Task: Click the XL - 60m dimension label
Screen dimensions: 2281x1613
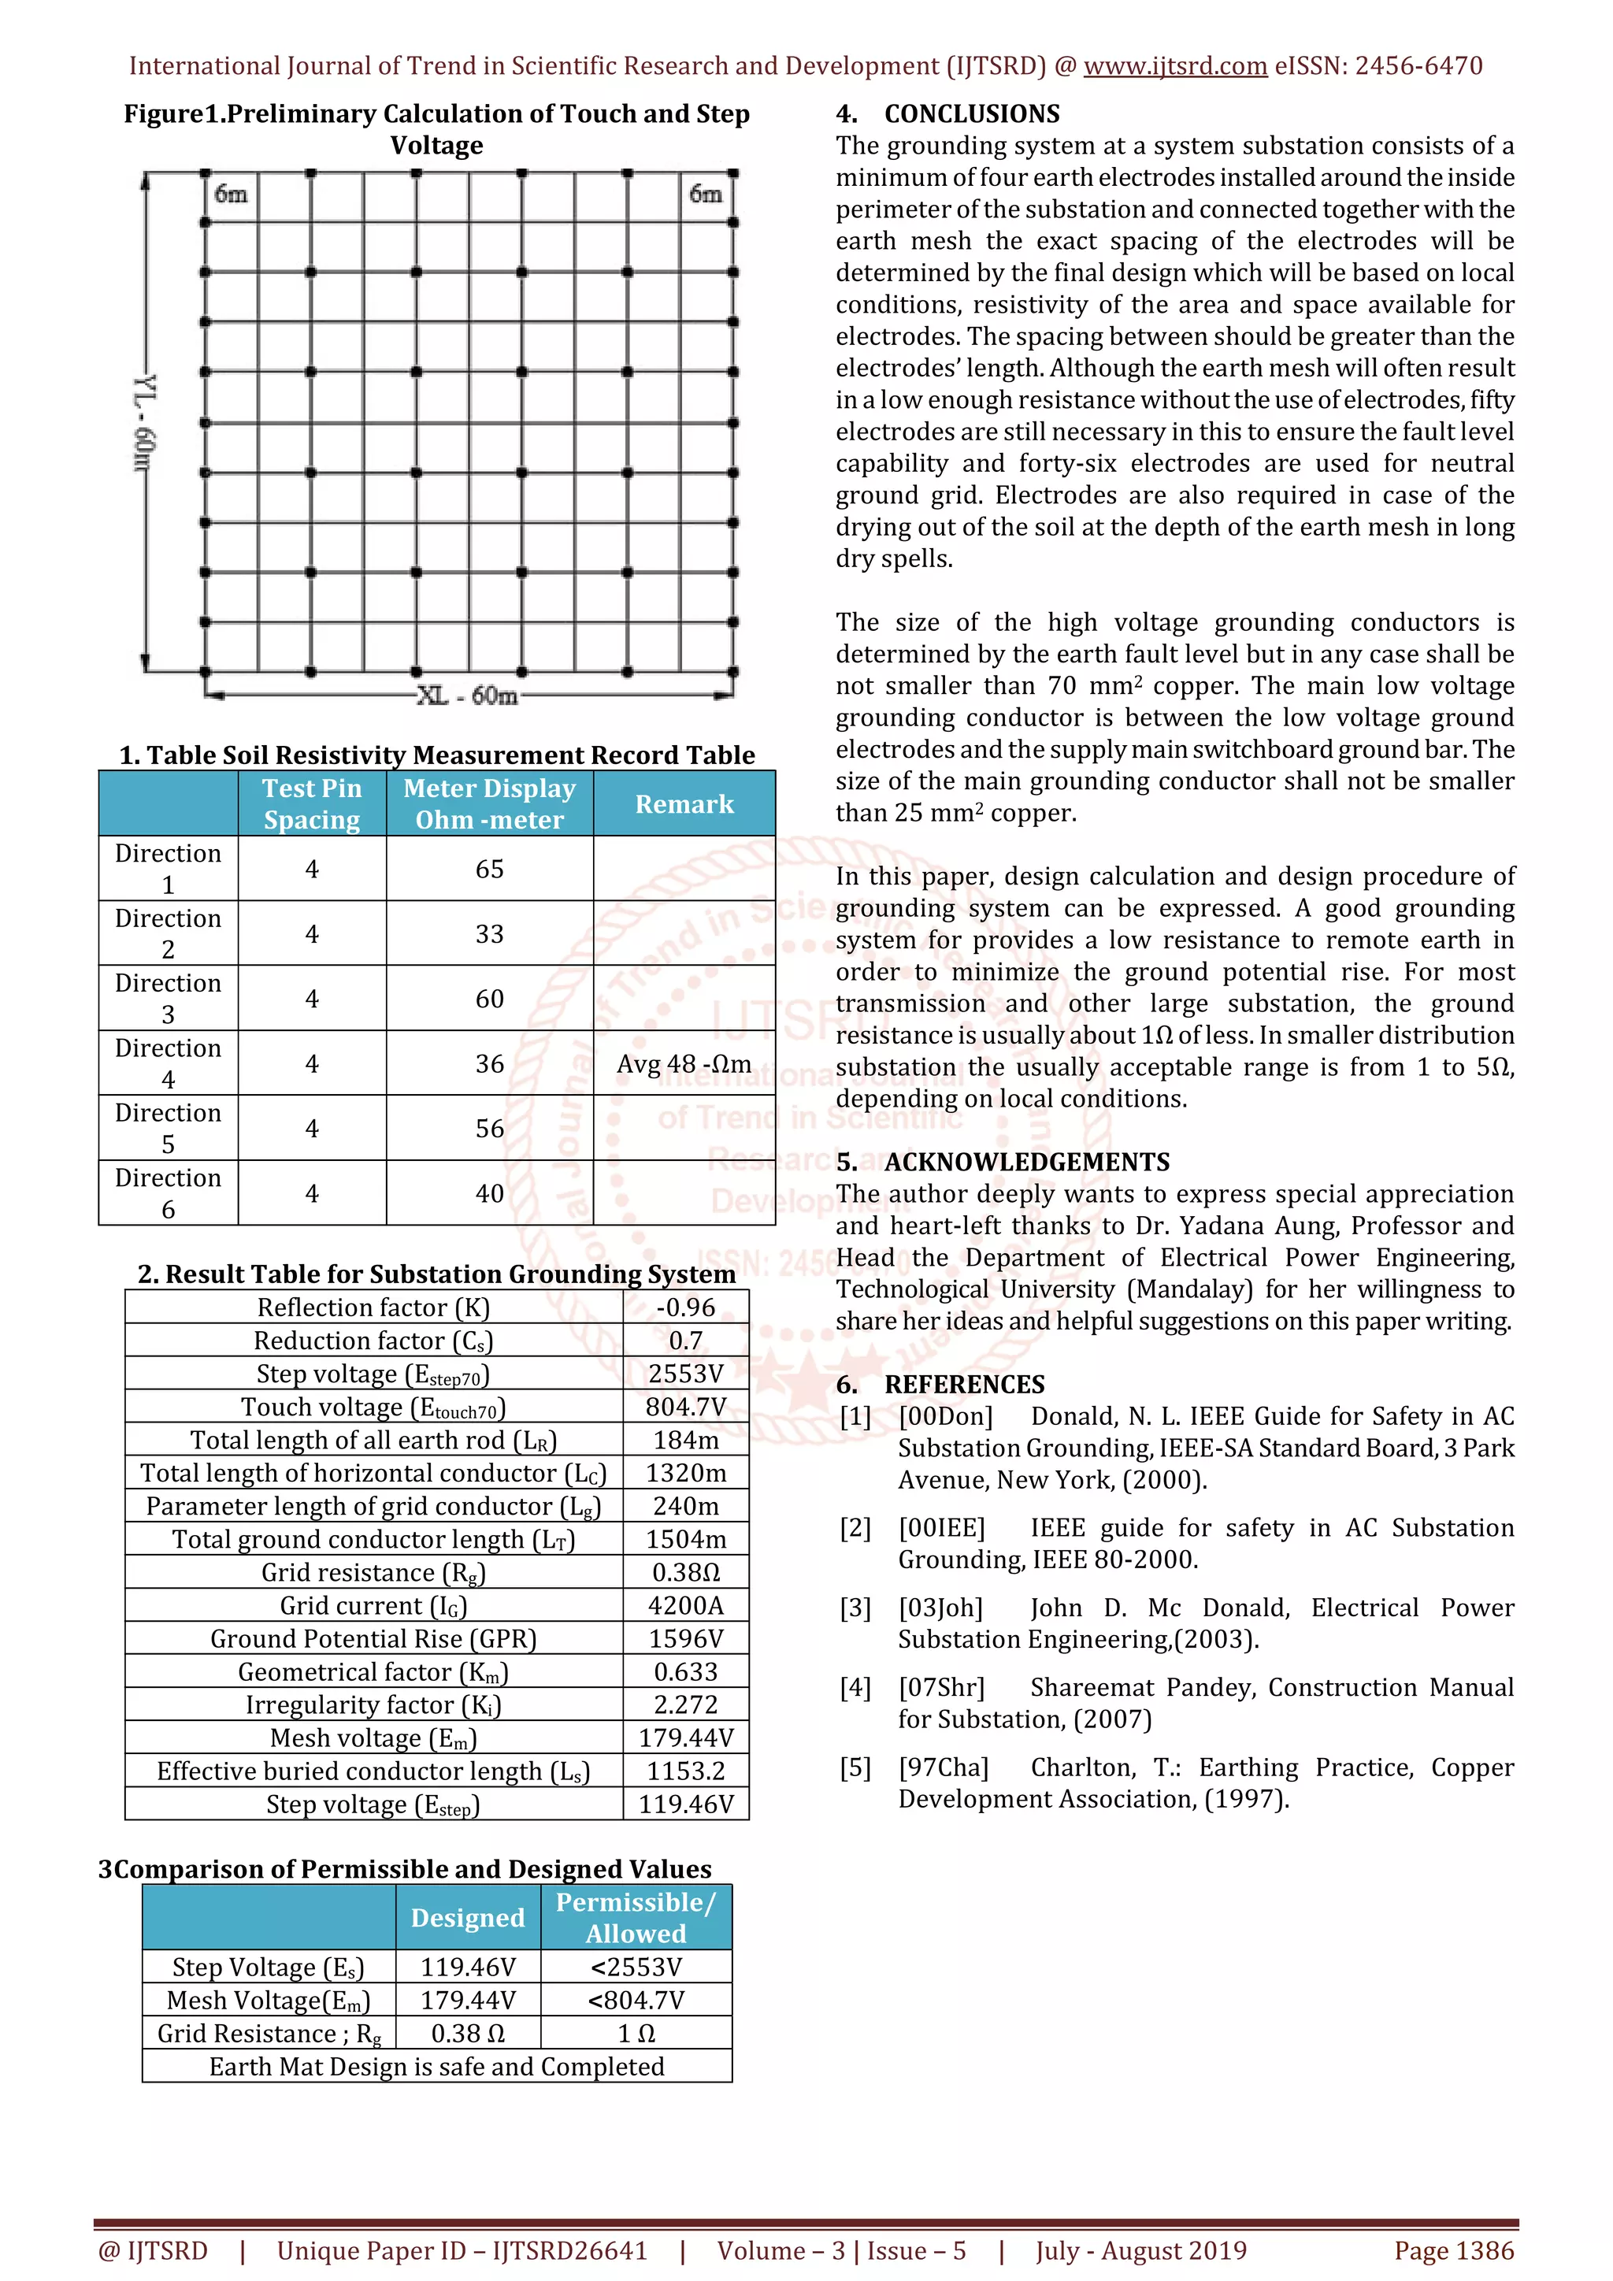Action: [x=467, y=695]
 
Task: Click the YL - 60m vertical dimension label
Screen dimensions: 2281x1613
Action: [x=144, y=423]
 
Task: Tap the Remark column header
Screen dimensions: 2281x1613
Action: [x=684, y=803]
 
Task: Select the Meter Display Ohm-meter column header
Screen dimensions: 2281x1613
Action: [x=490, y=803]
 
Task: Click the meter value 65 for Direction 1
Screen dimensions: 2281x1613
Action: [x=490, y=870]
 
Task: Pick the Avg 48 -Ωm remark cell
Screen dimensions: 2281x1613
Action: [x=684, y=1064]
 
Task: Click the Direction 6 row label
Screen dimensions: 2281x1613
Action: [x=168, y=1193]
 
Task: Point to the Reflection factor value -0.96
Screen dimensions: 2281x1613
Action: [x=685, y=1307]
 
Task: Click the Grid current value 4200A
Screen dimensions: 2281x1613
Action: [x=685, y=1605]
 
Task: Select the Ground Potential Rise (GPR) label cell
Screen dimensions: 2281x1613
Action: [x=373, y=1638]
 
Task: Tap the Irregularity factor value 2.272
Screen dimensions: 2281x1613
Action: [x=685, y=1704]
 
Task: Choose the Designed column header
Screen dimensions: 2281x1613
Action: [x=468, y=1917]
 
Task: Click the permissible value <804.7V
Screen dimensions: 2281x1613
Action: [x=636, y=2000]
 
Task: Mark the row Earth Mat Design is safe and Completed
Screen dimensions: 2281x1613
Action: [x=437, y=2067]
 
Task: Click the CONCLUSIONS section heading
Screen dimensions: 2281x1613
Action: [x=971, y=114]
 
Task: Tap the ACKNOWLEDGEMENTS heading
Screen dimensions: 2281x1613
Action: [x=1026, y=1161]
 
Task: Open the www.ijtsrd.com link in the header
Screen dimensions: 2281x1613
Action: [x=1175, y=67]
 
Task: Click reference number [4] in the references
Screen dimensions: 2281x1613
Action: [x=855, y=1688]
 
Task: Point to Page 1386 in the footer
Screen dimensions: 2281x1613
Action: [x=1454, y=2250]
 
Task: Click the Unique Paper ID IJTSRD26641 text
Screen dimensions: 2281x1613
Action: [x=462, y=2250]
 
